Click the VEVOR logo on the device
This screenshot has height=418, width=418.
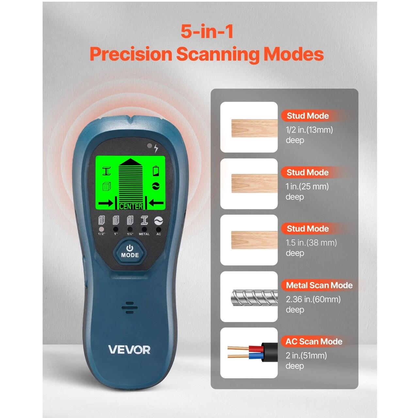[x=129, y=350]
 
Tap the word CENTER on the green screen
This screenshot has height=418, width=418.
[x=131, y=206]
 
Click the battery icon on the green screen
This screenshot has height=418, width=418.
[x=156, y=171]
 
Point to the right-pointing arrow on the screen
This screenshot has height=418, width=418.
[x=105, y=203]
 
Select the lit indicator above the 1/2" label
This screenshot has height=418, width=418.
[x=101, y=229]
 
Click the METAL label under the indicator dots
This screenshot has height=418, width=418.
[x=144, y=234]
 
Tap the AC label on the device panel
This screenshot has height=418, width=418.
[x=159, y=234]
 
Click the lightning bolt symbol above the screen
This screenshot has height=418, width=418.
[x=156, y=148]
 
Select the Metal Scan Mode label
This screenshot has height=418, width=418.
[x=319, y=285]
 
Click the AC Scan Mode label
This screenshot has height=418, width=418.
[x=313, y=342]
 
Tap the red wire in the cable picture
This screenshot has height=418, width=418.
[x=256, y=349]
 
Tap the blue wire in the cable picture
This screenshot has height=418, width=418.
[x=256, y=356]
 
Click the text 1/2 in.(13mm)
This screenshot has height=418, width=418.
[x=309, y=130]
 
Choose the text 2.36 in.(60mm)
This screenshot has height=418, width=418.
[x=313, y=299]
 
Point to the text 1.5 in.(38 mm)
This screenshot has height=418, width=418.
[x=311, y=243]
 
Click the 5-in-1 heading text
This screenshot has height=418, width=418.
[x=207, y=32]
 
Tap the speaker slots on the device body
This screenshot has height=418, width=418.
[x=130, y=308]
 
